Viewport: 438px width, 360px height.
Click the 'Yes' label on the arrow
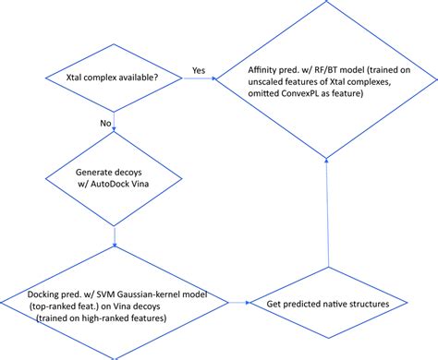coord(198,68)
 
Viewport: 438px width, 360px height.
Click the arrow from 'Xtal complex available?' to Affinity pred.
coord(185,79)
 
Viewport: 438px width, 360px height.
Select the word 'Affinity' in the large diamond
coord(266,69)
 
